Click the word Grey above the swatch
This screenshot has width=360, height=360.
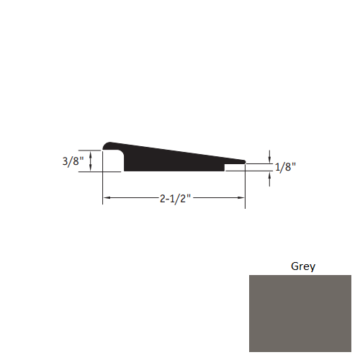point(302,266)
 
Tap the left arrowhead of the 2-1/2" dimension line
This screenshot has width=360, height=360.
point(106,198)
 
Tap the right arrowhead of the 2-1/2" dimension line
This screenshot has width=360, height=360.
point(242,198)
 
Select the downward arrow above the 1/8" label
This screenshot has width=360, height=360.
point(269,158)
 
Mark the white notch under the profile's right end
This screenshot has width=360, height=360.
point(234,168)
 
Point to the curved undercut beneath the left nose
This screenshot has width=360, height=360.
point(120,158)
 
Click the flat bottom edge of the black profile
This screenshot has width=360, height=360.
point(173,171)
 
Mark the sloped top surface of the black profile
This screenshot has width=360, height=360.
point(180,151)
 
